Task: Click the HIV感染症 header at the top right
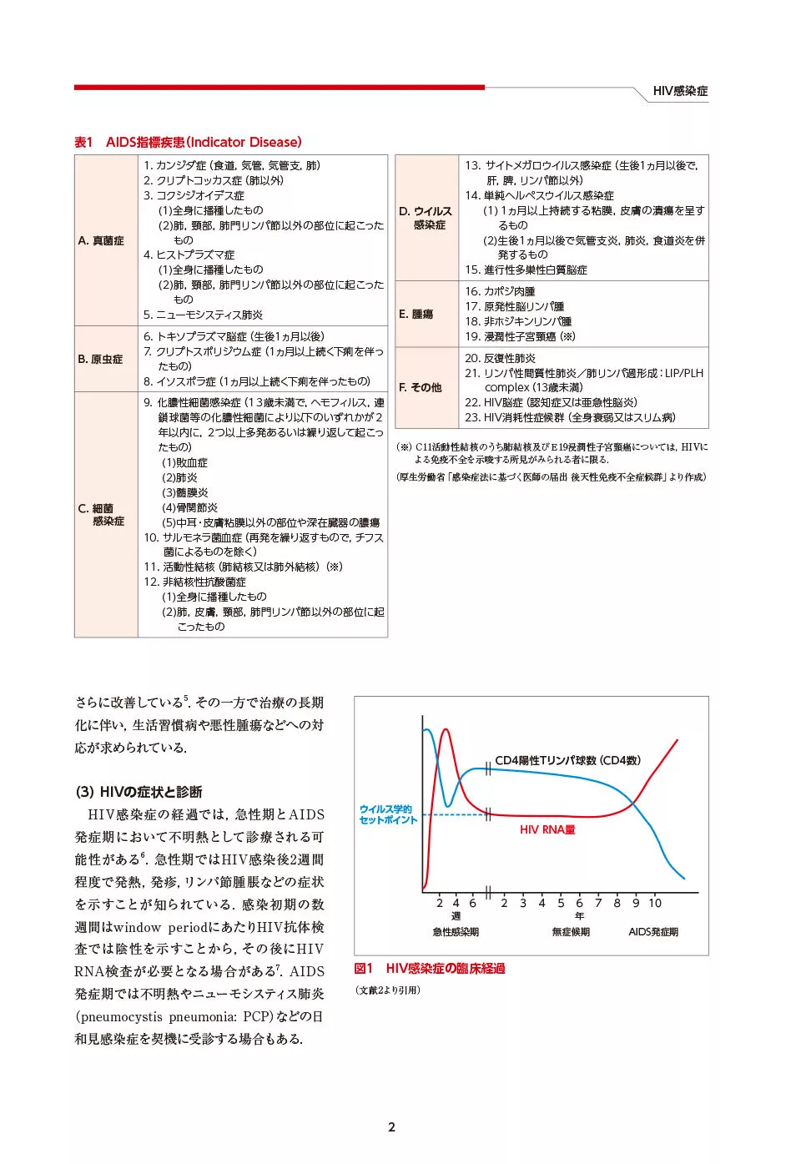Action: pos(680,91)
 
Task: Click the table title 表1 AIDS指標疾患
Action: pos(188,142)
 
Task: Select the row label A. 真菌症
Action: pos(101,240)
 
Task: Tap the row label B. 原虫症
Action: pos(100,359)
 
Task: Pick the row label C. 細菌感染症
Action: pos(102,514)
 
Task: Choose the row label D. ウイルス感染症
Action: pos(426,218)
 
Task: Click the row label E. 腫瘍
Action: pos(416,314)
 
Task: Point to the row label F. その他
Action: pos(420,387)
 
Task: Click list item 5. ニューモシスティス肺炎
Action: pos(203,315)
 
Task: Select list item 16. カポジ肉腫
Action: pos(500,291)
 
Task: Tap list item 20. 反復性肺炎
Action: pos(500,358)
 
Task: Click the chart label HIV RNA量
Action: pos(547,829)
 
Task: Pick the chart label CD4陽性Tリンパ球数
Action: pos(567,760)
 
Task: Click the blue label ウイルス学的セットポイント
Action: pos(387,814)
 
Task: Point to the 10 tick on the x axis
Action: pos(655,903)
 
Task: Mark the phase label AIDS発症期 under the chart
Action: pos(652,932)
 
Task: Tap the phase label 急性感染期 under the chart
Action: pos(456,932)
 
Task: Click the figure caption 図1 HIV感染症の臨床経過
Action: pos(429,969)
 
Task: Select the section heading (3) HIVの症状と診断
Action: pos(139,792)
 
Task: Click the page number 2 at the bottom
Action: pos(391,1127)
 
